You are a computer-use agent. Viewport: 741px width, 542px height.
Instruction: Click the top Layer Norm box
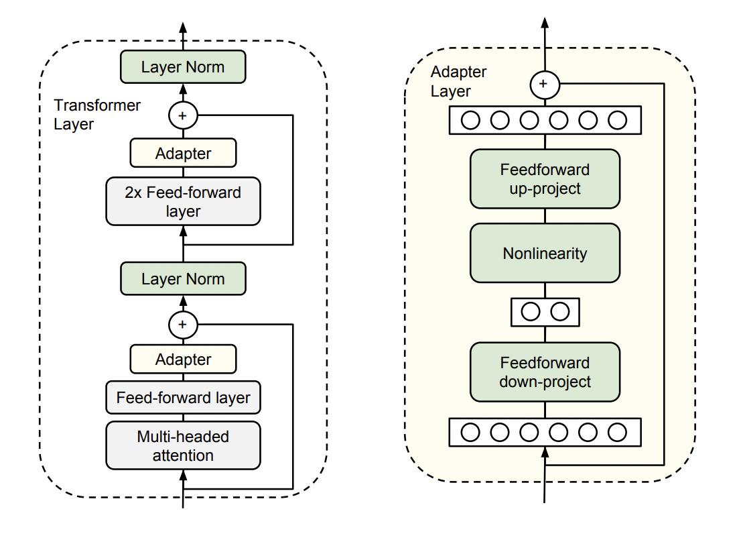[183, 66]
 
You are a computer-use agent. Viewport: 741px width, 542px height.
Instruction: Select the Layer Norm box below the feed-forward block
[183, 278]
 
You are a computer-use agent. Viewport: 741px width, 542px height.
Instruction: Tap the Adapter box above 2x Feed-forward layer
[183, 153]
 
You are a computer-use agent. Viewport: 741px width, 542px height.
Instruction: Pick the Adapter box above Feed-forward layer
[183, 359]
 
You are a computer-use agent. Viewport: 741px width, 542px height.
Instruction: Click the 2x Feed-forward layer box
[183, 201]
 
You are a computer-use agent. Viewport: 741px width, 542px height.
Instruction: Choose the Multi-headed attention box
[183, 445]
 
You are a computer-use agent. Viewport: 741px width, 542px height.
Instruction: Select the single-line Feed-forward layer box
[183, 397]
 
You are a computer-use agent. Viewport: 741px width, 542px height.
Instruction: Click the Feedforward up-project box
[545, 179]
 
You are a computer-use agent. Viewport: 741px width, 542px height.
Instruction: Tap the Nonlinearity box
[545, 253]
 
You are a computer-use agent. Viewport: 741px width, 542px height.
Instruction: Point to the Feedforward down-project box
[545, 372]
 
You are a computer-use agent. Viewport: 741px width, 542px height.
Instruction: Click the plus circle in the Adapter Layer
[545, 85]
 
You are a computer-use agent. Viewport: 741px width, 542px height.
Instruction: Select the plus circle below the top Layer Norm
[183, 115]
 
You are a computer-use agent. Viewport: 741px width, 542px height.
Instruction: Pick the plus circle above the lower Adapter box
[183, 325]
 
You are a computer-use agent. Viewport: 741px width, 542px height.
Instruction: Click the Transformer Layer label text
[97, 115]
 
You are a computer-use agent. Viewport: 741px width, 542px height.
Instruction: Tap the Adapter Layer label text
[458, 81]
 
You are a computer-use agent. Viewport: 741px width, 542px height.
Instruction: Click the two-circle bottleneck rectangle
[545, 312]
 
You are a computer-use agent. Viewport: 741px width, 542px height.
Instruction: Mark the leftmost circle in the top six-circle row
[470, 120]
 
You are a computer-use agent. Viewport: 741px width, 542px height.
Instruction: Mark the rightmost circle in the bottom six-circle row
[617, 432]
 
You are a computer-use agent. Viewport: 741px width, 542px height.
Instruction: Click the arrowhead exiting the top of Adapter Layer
[545, 23]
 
